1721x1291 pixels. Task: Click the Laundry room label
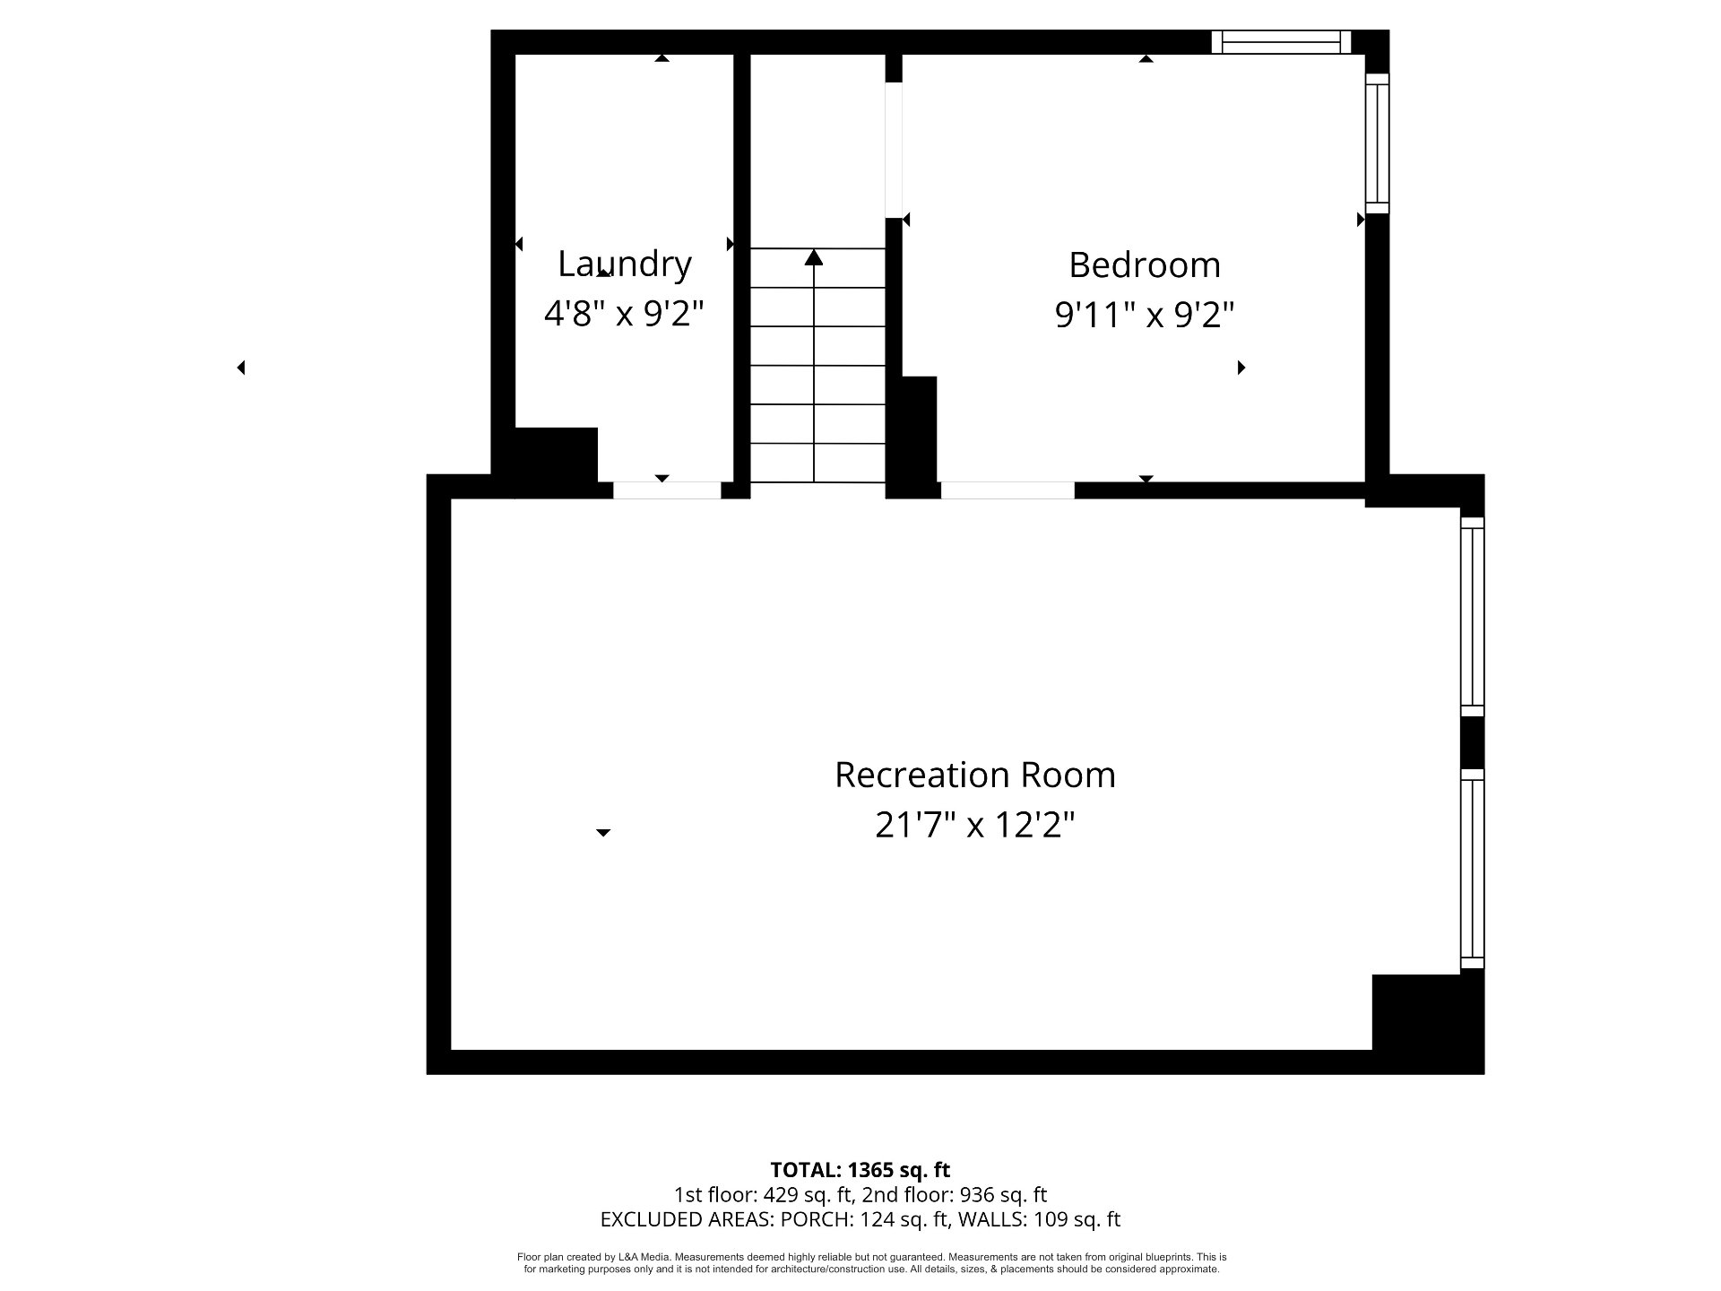coord(625,264)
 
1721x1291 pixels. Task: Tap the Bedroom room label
coord(1145,265)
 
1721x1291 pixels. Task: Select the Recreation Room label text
coord(975,775)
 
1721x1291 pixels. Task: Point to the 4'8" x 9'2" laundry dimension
coord(624,314)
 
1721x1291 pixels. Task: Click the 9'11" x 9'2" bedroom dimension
coord(1145,316)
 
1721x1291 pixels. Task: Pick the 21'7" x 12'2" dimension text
coord(974,825)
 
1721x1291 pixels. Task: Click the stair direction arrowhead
coord(814,257)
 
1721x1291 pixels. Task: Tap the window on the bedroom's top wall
coord(1281,42)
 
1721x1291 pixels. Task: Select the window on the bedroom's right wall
coord(1377,143)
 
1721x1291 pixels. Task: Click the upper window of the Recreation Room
coord(1473,617)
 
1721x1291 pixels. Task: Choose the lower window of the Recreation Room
coord(1473,869)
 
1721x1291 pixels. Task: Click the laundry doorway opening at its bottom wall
coord(667,490)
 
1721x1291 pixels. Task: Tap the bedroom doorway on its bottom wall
coord(1008,490)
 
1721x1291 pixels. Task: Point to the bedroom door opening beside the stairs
coord(894,151)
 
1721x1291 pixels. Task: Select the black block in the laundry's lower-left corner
coord(556,457)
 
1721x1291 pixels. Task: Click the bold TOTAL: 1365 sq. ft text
coord(860,1170)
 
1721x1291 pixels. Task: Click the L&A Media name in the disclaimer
coord(644,1258)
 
